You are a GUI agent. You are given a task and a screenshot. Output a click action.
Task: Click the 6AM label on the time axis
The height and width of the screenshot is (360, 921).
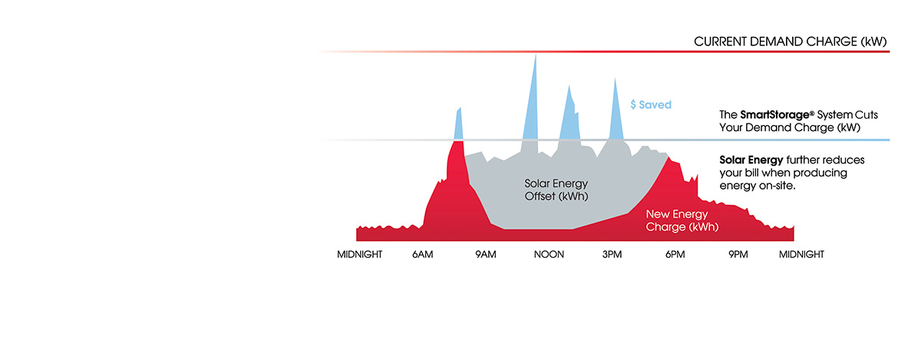pos(423,255)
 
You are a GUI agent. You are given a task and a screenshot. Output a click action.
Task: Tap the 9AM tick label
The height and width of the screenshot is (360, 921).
pos(486,255)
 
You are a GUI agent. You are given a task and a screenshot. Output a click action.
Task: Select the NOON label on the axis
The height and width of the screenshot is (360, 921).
pos(549,255)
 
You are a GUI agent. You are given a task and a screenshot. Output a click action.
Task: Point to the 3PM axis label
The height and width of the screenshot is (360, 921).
pos(612,255)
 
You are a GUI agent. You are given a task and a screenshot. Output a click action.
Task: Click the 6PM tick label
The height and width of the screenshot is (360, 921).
pos(675,255)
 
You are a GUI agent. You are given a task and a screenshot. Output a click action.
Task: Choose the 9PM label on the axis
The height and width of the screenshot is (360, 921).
pos(738,255)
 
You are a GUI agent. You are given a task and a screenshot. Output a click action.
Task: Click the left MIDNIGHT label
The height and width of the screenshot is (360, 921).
pos(360,255)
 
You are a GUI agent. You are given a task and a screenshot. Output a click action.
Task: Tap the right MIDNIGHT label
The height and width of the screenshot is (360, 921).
pos(801,255)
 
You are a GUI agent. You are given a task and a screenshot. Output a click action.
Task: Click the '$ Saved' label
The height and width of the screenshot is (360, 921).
pos(651,104)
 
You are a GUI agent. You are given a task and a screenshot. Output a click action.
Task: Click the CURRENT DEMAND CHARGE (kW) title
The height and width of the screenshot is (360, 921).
pos(791,41)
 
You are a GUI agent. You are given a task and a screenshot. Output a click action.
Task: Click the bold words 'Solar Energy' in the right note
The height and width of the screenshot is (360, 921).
pos(751,160)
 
